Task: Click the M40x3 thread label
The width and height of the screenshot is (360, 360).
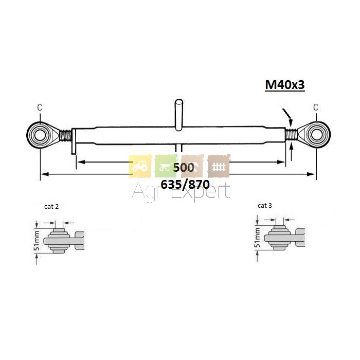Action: [285, 85]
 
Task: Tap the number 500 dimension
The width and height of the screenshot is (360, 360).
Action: [184, 168]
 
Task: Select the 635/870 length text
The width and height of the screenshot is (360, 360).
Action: [185, 184]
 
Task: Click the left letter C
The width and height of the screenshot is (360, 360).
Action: [40, 107]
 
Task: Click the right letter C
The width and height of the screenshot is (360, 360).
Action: [316, 107]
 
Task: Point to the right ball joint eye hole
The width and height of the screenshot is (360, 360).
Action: [317, 135]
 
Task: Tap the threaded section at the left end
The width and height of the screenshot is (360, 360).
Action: [65, 135]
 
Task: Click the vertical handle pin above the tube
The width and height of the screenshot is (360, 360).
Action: [179, 115]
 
